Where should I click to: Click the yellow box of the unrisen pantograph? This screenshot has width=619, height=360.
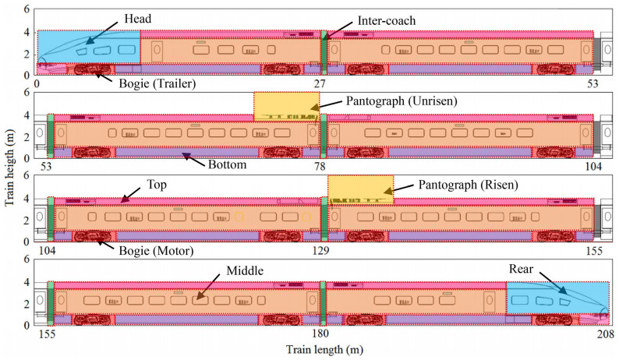pyautogui.click(x=286, y=106)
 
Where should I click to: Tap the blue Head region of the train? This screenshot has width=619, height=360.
pyautogui.click(x=88, y=48)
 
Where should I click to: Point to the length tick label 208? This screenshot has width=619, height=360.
pyautogui.click(x=600, y=334)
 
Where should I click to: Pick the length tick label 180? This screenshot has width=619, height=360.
pyautogui.click(x=320, y=334)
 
